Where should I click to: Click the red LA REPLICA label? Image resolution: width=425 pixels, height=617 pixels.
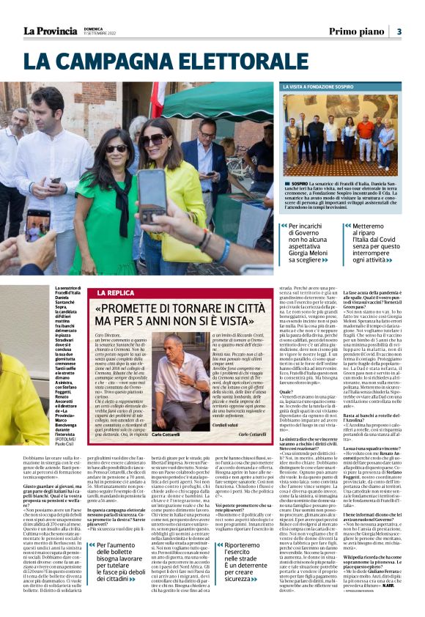click(x=113, y=292)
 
